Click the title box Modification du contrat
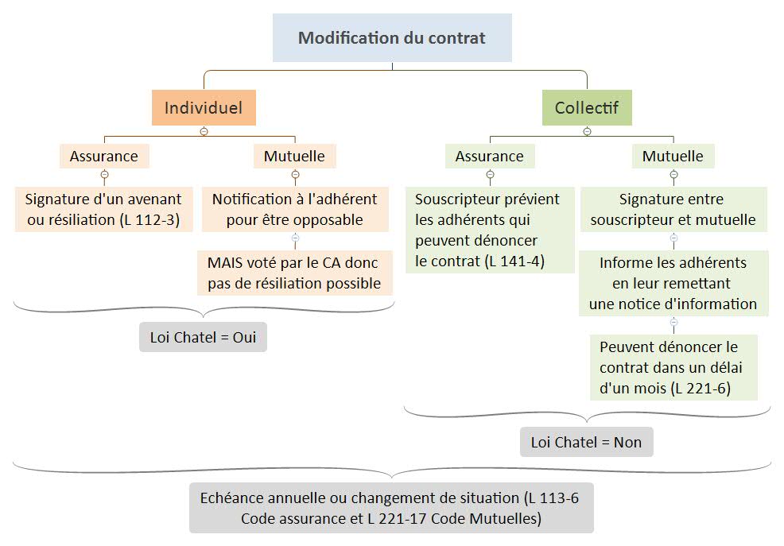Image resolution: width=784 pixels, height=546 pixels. (x=392, y=37)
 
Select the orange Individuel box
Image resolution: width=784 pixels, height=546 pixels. (x=204, y=107)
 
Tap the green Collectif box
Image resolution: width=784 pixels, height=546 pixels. (x=587, y=107)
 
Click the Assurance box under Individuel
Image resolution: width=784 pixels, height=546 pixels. (x=103, y=156)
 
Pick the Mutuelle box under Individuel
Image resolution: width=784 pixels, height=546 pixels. (x=294, y=156)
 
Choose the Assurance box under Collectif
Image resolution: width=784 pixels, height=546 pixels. (x=489, y=157)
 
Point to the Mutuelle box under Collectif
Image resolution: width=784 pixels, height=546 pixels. (x=673, y=157)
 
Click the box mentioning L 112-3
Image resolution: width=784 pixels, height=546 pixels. (x=103, y=209)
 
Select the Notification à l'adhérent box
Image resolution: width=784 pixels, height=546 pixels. (x=294, y=209)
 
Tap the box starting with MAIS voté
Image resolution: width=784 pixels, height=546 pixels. (x=294, y=273)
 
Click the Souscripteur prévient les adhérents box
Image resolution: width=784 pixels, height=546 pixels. (x=489, y=230)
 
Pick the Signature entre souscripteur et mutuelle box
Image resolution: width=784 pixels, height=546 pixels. (x=673, y=209)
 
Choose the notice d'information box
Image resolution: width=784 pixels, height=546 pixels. (x=673, y=283)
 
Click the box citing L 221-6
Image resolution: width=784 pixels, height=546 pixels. (x=673, y=367)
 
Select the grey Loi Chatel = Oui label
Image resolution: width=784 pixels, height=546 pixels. (x=203, y=337)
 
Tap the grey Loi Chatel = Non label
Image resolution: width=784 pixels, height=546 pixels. (x=586, y=442)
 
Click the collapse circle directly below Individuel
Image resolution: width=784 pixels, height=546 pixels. (x=204, y=131)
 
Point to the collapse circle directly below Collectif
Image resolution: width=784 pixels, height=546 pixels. (x=587, y=131)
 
